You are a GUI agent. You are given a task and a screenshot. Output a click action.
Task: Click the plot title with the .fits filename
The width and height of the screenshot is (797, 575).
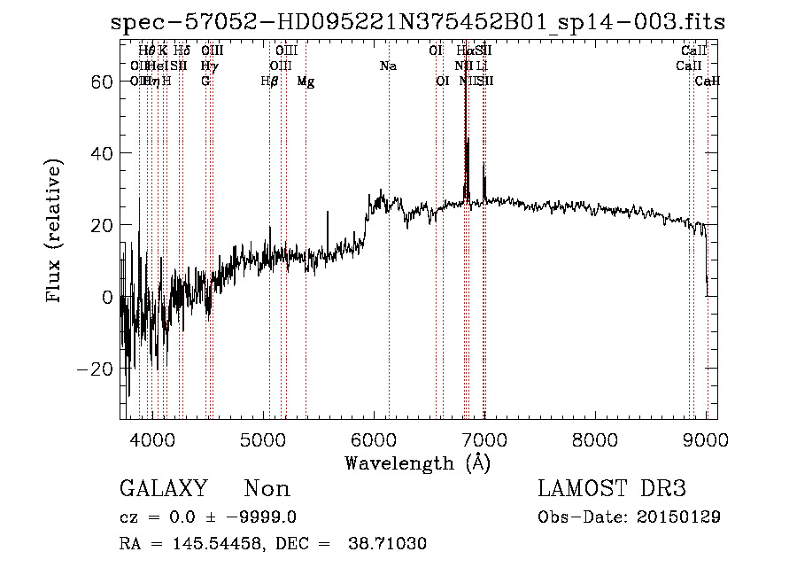pos(417,22)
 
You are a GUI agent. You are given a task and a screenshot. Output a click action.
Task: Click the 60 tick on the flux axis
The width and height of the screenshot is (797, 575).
pos(102,81)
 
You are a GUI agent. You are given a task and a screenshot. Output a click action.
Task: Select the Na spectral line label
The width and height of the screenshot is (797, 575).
pos(388,66)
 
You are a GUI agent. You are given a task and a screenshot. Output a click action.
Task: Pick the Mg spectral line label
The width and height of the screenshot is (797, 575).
pos(306,82)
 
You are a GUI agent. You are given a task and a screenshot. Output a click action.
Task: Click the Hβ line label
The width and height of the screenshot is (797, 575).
pos(269,82)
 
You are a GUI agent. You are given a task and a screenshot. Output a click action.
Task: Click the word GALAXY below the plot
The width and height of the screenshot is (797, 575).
pos(163,489)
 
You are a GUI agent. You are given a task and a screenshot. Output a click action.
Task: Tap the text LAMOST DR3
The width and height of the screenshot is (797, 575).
pos(612,489)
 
